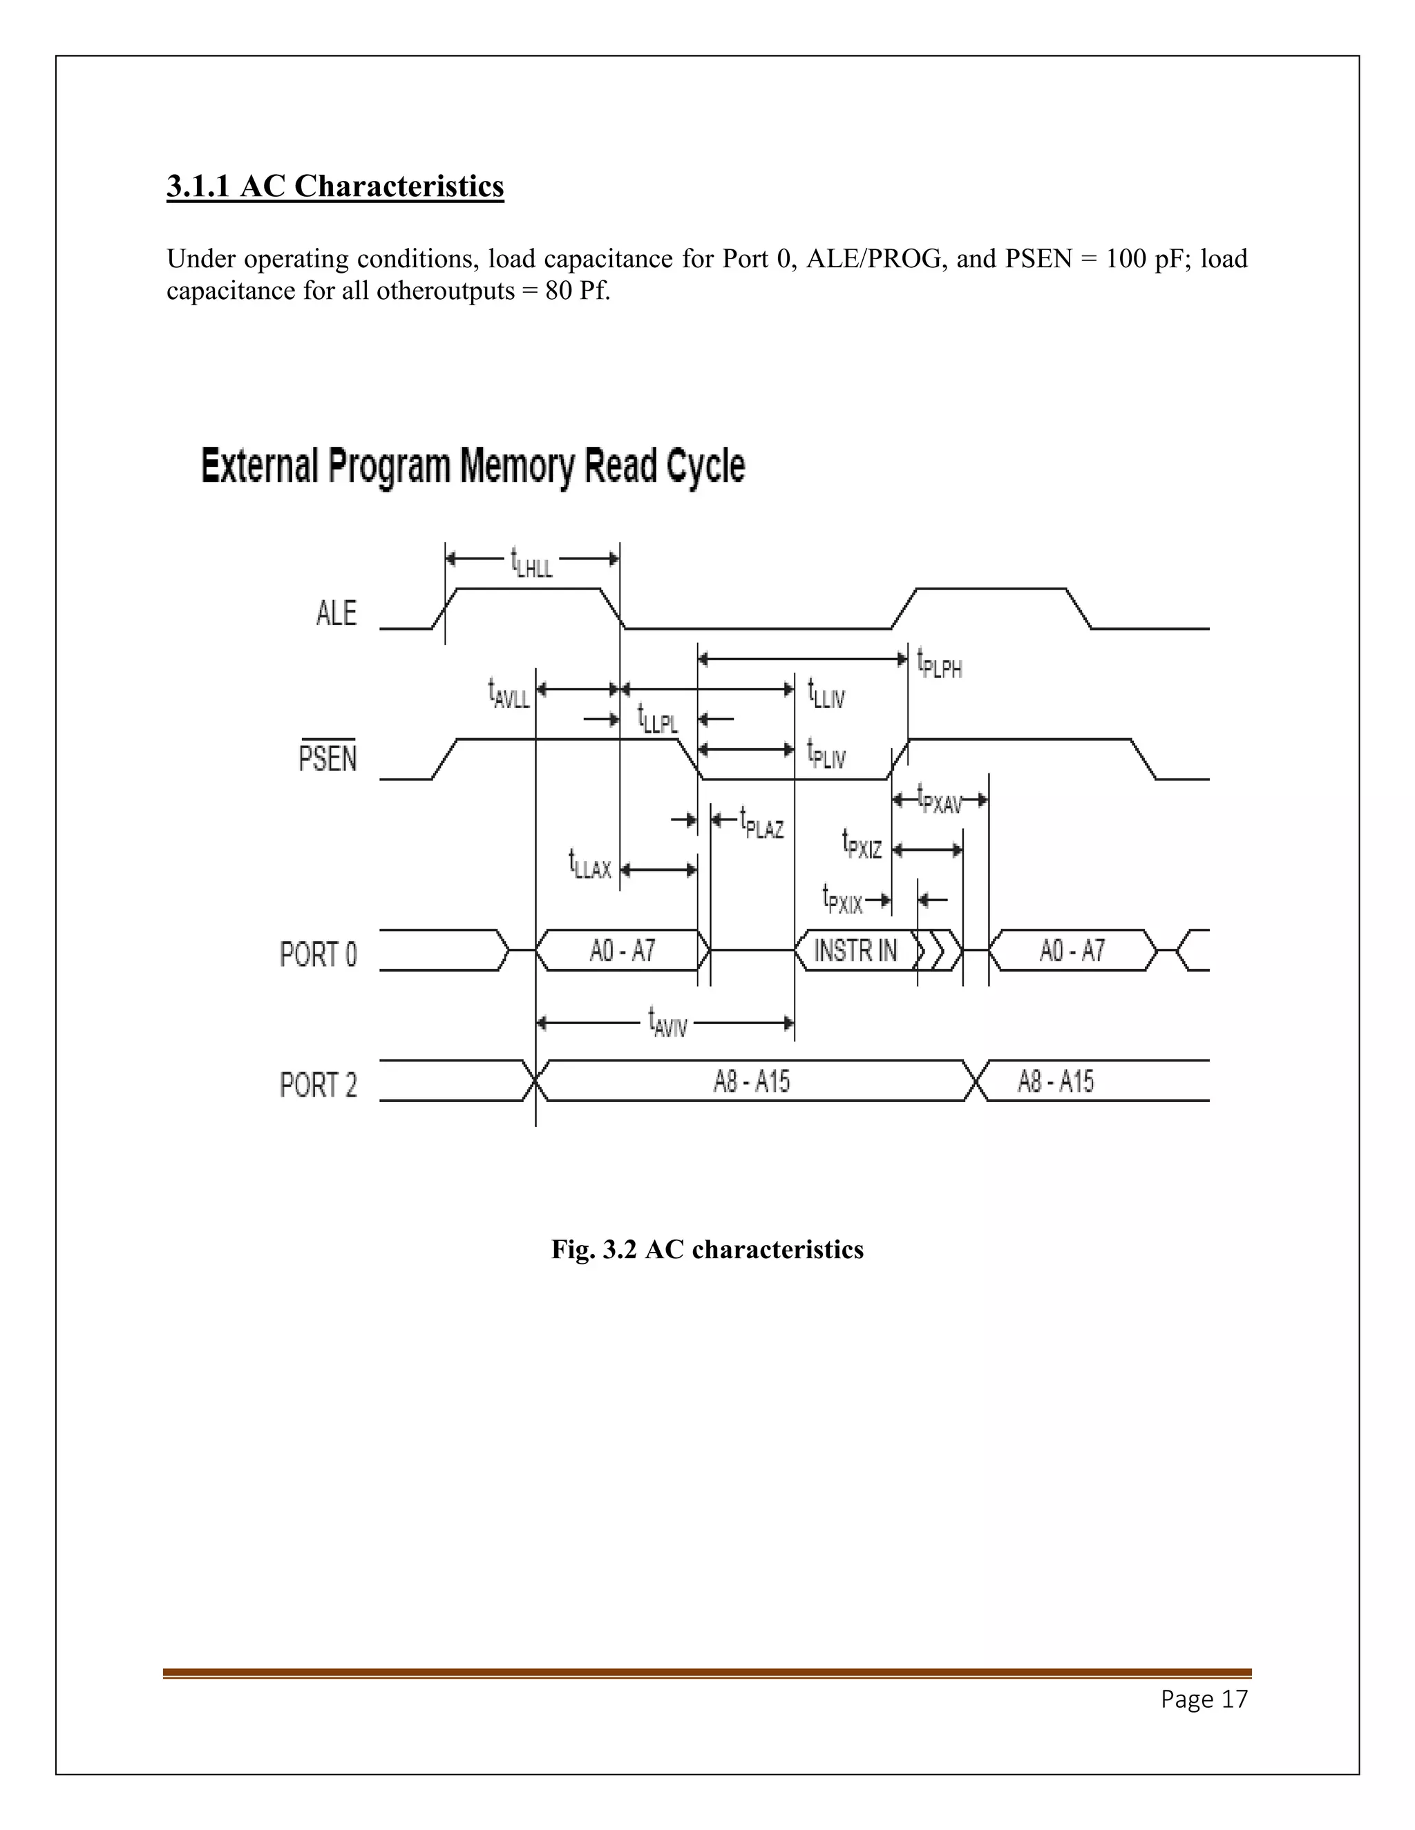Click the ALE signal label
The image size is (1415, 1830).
click(336, 613)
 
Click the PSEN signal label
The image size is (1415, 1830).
click(327, 758)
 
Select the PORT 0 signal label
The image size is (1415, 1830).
click(319, 954)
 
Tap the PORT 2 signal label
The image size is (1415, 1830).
click(319, 1085)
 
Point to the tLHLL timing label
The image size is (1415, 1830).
click(531, 563)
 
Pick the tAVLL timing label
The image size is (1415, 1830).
click(509, 695)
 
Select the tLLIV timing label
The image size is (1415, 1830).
click(826, 695)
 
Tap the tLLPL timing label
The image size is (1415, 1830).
click(658, 719)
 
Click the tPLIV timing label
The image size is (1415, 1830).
click(826, 753)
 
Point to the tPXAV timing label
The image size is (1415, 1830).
click(940, 800)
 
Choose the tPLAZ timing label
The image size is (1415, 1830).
click(762, 824)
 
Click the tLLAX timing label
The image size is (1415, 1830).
click(590, 865)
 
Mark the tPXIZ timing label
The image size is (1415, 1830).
click(862, 845)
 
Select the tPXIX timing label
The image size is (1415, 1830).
click(842, 900)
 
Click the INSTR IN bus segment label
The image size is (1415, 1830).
click(855, 951)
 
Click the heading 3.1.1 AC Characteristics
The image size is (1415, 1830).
click(335, 186)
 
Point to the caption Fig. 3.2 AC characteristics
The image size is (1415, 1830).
click(707, 1249)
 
